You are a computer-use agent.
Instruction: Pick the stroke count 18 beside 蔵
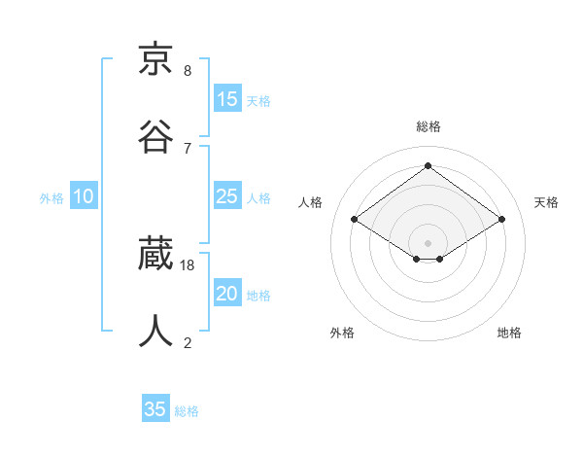[188, 264]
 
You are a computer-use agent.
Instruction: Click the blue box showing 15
[227, 99]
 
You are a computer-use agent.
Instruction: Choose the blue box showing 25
[227, 196]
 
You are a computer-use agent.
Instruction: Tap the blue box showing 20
[227, 294]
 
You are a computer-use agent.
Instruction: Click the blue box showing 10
[83, 196]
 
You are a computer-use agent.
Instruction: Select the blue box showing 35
[155, 409]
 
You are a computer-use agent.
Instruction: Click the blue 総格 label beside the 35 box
[187, 411]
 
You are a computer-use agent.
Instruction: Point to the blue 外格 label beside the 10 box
[51, 198]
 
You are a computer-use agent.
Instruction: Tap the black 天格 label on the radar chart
[546, 202]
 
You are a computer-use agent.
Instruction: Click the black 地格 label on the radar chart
[509, 333]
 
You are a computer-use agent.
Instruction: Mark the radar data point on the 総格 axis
[428, 166]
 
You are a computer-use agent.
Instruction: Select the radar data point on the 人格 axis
[355, 220]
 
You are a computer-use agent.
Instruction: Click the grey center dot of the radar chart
[428, 242]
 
